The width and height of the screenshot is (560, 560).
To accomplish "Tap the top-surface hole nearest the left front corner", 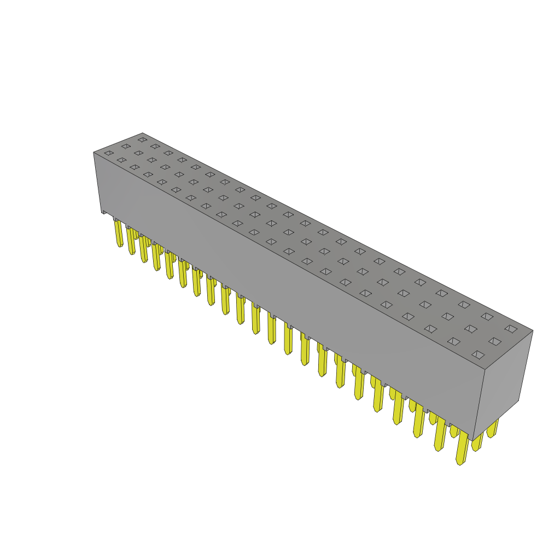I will (x=109, y=153).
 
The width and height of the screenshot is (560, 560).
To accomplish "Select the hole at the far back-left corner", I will (x=142, y=140).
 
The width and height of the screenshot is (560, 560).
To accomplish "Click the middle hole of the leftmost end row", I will (x=126, y=147).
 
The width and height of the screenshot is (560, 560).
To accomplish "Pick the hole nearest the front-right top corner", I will (x=478, y=355).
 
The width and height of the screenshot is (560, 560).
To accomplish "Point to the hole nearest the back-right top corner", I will (x=511, y=329).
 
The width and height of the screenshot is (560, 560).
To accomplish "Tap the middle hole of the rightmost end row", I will (x=495, y=341).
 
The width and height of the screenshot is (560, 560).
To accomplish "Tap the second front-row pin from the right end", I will (x=440, y=435).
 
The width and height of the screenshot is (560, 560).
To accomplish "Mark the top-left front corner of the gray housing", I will (x=94, y=153).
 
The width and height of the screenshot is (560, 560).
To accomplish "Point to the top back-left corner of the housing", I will (x=142, y=133).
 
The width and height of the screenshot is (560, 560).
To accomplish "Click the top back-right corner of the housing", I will (x=533, y=330).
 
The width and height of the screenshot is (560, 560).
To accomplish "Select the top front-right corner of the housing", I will (x=485, y=370).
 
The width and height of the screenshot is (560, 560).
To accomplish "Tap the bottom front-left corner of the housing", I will (x=102, y=212).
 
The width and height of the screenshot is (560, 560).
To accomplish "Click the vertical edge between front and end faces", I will (x=479, y=405).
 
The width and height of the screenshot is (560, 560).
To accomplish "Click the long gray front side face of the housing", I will (x=284, y=284).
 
